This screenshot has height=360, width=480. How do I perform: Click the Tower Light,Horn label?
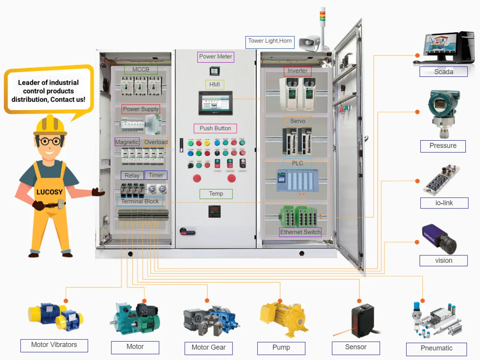tap(270, 41)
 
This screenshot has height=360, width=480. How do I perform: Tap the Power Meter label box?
tap(216, 57)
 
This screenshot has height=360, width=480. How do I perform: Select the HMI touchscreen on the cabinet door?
tap(215, 103)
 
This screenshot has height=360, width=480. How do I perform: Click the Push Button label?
tap(215, 128)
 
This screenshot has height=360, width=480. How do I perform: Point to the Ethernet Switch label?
tap(300, 232)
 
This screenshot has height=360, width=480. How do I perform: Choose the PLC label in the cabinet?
tap(297, 163)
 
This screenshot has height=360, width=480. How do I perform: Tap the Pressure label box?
tap(443, 146)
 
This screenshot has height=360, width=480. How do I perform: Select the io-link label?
tap(444, 203)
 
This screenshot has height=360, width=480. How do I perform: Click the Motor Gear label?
tap(208, 348)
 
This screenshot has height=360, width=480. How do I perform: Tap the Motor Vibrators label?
tap(54, 345)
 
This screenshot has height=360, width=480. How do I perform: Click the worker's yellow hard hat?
tap(50, 125)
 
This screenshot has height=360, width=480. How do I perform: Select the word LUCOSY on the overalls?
tap(49, 192)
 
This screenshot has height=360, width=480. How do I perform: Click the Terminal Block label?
tap(140, 201)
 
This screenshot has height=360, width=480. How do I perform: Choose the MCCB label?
tap(141, 70)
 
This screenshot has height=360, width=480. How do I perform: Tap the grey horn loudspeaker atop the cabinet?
tap(310, 43)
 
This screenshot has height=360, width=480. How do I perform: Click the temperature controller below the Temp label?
tap(214, 211)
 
